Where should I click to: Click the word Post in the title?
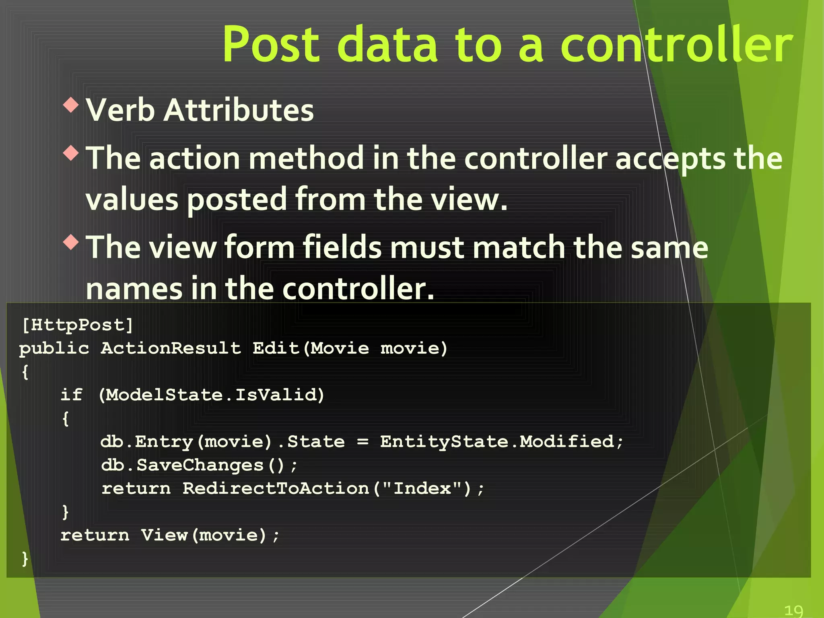pos(271,44)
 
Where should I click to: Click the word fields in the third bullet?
pos(341,247)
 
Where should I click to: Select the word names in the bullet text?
pos(134,289)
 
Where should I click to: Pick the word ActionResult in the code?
pos(171,348)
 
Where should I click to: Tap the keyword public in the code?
pos(54,348)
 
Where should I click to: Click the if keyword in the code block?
pos(71,395)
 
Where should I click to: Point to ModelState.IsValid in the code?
pos(211,395)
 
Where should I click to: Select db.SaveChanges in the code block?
pos(182,465)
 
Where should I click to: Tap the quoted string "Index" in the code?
pos(422,488)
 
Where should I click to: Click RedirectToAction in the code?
pos(276,488)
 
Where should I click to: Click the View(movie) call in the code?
pos(203,535)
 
